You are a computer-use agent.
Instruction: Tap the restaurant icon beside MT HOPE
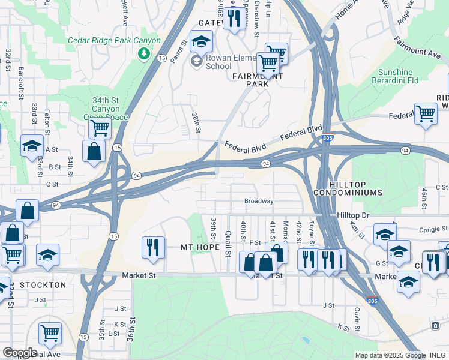click(x=152, y=247)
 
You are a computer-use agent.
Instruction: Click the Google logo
click(x=20, y=352)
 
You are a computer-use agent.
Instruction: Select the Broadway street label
click(x=259, y=201)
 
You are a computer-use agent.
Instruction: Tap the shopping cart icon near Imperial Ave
click(x=50, y=332)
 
